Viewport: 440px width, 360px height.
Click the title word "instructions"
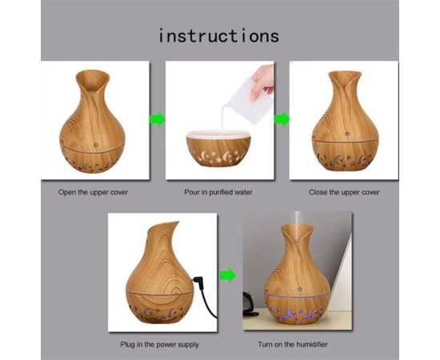(x=219, y=36)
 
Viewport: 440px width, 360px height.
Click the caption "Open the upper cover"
(x=93, y=193)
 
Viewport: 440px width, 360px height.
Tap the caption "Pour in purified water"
(x=218, y=193)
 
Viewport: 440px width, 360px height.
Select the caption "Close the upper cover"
(x=344, y=193)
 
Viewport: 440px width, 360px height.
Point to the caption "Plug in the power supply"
(x=160, y=345)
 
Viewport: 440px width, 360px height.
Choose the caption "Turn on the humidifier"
(x=293, y=344)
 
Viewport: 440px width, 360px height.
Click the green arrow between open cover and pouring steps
(x=157, y=119)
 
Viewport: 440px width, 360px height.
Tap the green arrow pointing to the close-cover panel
(x=282, y=119)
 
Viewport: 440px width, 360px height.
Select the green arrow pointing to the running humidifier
(x=228, y=275)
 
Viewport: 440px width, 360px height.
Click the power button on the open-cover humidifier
(x=96, y=145)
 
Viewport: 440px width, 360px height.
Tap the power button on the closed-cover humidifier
(x=347, y=134)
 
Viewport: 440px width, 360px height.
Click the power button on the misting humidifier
(x=300, y=289)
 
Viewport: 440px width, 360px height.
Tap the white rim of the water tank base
(x=218, y=134)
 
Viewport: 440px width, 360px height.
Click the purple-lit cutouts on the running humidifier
(x=296, y=313)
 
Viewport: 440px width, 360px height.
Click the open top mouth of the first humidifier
(x=92, y=79)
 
